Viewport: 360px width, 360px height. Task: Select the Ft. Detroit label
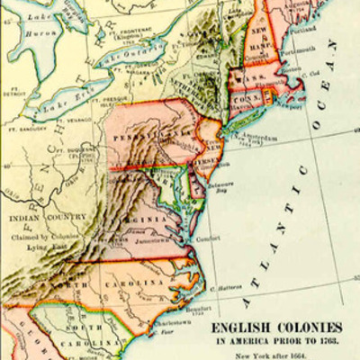click(x=12, y=92)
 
